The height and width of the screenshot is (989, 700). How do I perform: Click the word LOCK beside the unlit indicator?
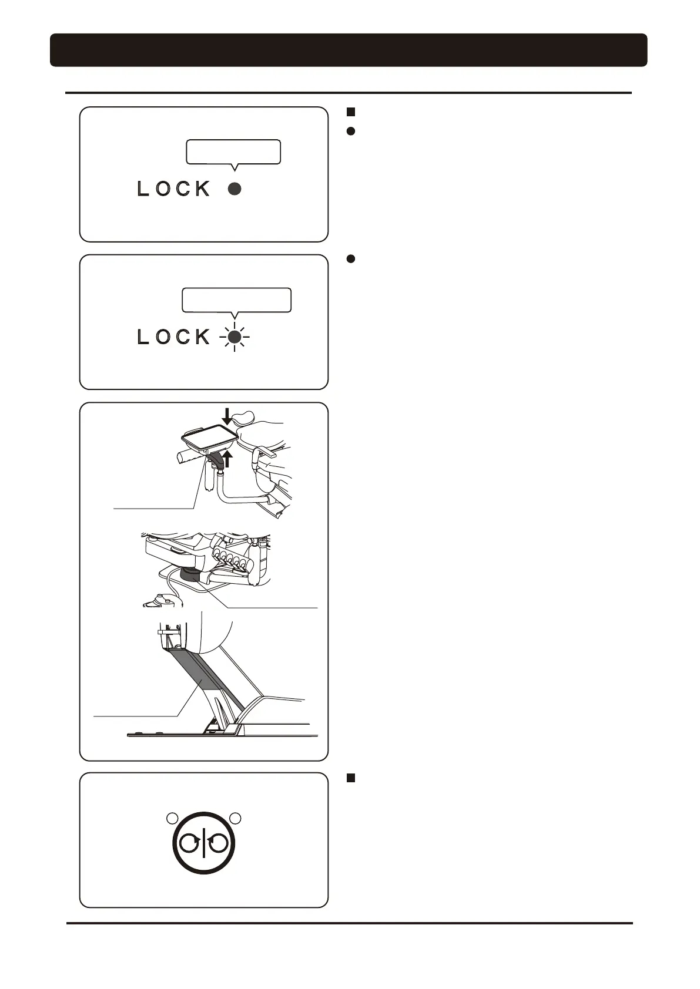click(x=173, y=189)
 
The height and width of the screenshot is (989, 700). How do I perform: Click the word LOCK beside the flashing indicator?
click(x=173, y=337)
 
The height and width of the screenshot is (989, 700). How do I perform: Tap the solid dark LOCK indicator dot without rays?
click(x=235, y=189)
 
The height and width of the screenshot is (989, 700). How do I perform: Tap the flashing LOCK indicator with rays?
click(x=235, y=337)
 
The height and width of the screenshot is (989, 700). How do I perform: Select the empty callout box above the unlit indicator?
click(x=233, y=152)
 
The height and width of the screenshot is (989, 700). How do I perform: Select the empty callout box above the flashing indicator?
click(x=236, y=300)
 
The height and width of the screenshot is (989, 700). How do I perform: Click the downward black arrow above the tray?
click(x=227, y=417)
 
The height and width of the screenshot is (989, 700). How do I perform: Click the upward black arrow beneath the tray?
click(x=226, y=458)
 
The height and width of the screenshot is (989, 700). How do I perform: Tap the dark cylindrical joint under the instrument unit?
click(x=190, y=574)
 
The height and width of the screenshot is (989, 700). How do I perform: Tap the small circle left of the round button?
click(x=172, y=818)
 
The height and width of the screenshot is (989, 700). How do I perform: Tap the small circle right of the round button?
click(x=236, y=818)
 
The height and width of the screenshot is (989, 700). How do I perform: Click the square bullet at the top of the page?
click(x=350, y=111)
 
